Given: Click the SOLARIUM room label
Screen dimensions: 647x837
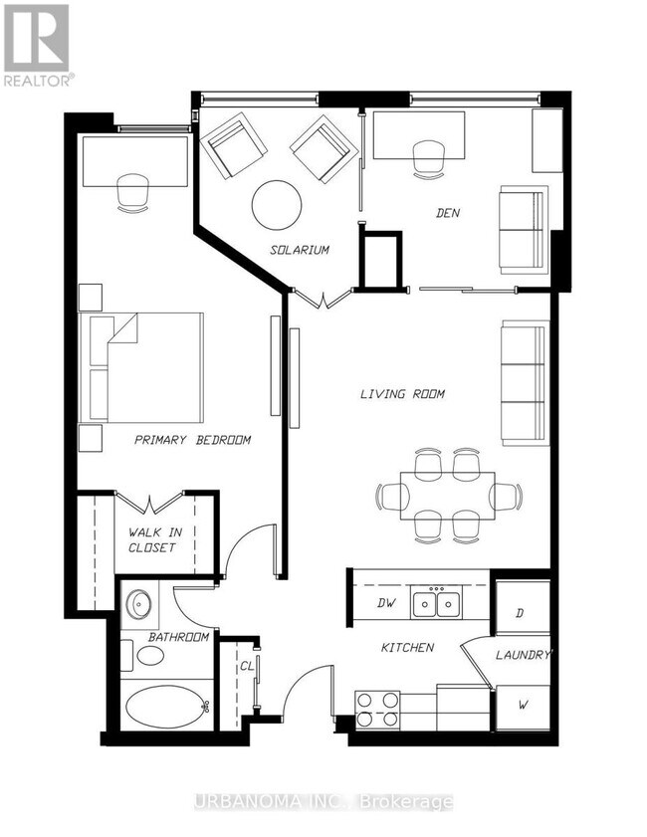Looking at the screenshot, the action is coord(299,249).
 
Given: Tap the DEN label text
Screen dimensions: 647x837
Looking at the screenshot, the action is coord(447,213).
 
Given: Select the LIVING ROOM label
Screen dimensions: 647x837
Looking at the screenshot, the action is coord(402,394).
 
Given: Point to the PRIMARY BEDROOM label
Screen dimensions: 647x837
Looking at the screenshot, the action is coord(192,440).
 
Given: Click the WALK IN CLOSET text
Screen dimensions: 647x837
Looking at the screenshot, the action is coord(154,539).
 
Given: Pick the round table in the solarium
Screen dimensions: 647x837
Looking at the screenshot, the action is coord(277,205).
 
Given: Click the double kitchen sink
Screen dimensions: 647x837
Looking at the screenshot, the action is coord(437,602).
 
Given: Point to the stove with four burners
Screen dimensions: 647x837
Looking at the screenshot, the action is coord(377,710).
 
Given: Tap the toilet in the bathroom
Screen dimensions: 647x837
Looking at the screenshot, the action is coord(143,655).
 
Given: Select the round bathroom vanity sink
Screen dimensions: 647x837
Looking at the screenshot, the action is coord(139,604).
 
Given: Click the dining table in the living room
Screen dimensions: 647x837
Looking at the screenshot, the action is coord(447,496).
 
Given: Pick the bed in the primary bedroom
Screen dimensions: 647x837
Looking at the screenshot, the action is coord(141,368).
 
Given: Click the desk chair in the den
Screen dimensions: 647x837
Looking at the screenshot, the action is coord(429,159).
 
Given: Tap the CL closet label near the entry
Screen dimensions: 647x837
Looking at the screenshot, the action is coord(246,666).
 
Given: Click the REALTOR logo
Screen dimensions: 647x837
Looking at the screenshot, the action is coord(38,45).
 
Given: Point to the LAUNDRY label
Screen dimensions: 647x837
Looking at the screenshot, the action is coord(523,655).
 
